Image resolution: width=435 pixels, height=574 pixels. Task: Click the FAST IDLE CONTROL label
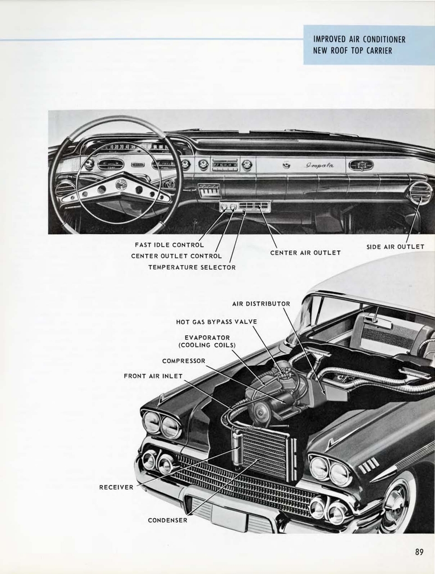click(x=169, y=245)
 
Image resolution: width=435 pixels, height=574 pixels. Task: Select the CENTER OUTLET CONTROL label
click(x=176, y=256)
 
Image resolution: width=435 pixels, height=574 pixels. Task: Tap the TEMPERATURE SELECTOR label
click(x=191, y=267)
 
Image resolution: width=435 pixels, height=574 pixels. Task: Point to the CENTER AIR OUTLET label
click(x=305, y=253)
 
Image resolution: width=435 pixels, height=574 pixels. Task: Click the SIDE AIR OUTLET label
click(x=395, y=247)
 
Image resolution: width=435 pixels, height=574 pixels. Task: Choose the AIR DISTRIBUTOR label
click(x=261, y=304)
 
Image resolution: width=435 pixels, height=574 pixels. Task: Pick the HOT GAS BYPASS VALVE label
click(x=216, y=322)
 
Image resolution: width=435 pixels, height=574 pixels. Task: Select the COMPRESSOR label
click(x=184, y=361)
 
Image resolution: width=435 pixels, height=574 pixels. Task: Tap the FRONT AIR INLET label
click(x=153, y=376)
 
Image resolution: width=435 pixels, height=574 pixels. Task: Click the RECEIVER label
click(x=116, y=487)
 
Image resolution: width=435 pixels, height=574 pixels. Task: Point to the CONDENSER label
click(x=167, y=520)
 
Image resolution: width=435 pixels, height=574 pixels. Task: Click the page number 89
click(x=419, y=552)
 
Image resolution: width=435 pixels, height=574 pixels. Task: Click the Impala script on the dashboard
click(x=320, y=165)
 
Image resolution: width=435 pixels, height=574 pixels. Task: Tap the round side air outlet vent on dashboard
click(x=420, y=193)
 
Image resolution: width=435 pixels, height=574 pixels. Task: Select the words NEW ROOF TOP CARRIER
click(x=352, y=50)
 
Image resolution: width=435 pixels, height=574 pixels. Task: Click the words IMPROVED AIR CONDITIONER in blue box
click(x=359, y=39)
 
